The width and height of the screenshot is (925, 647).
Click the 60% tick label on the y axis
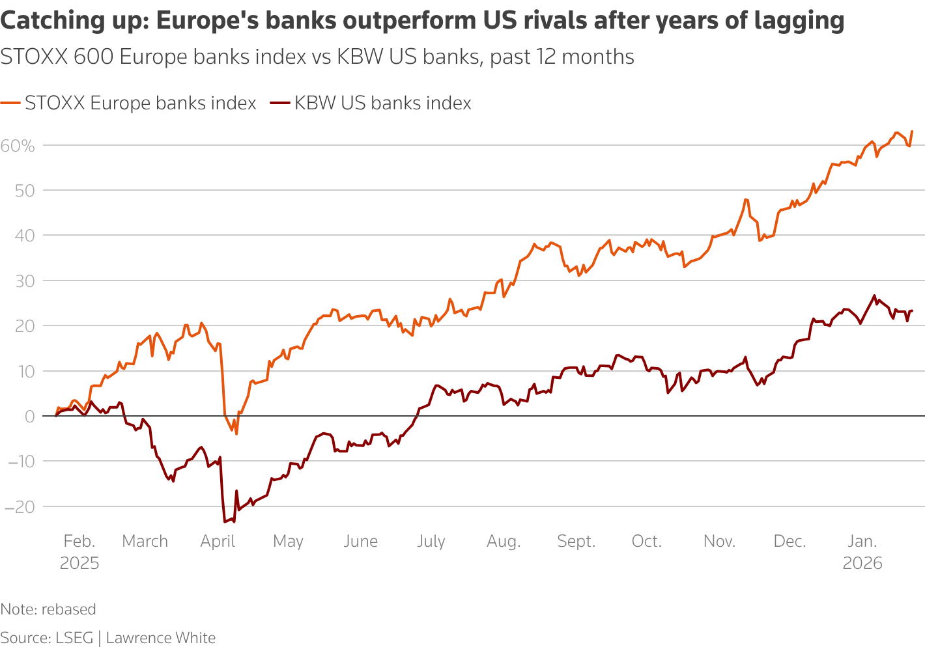18,146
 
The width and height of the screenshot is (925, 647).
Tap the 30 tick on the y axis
25,281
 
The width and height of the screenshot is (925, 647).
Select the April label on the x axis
218,542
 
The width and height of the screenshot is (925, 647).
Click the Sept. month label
576,542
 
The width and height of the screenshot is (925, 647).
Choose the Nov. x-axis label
719,542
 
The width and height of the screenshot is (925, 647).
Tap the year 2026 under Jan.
862,563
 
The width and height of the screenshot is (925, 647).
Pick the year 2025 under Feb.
79,563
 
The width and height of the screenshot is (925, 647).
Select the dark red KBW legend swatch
279,103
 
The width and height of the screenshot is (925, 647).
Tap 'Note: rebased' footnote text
48,609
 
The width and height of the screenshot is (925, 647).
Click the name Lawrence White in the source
160,638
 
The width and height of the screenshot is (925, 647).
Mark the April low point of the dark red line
225,521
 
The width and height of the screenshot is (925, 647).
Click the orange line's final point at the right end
912,131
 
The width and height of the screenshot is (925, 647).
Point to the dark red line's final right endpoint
912,311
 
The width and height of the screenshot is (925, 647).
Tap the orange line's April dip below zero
236,434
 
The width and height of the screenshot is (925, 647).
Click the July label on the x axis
431,542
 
